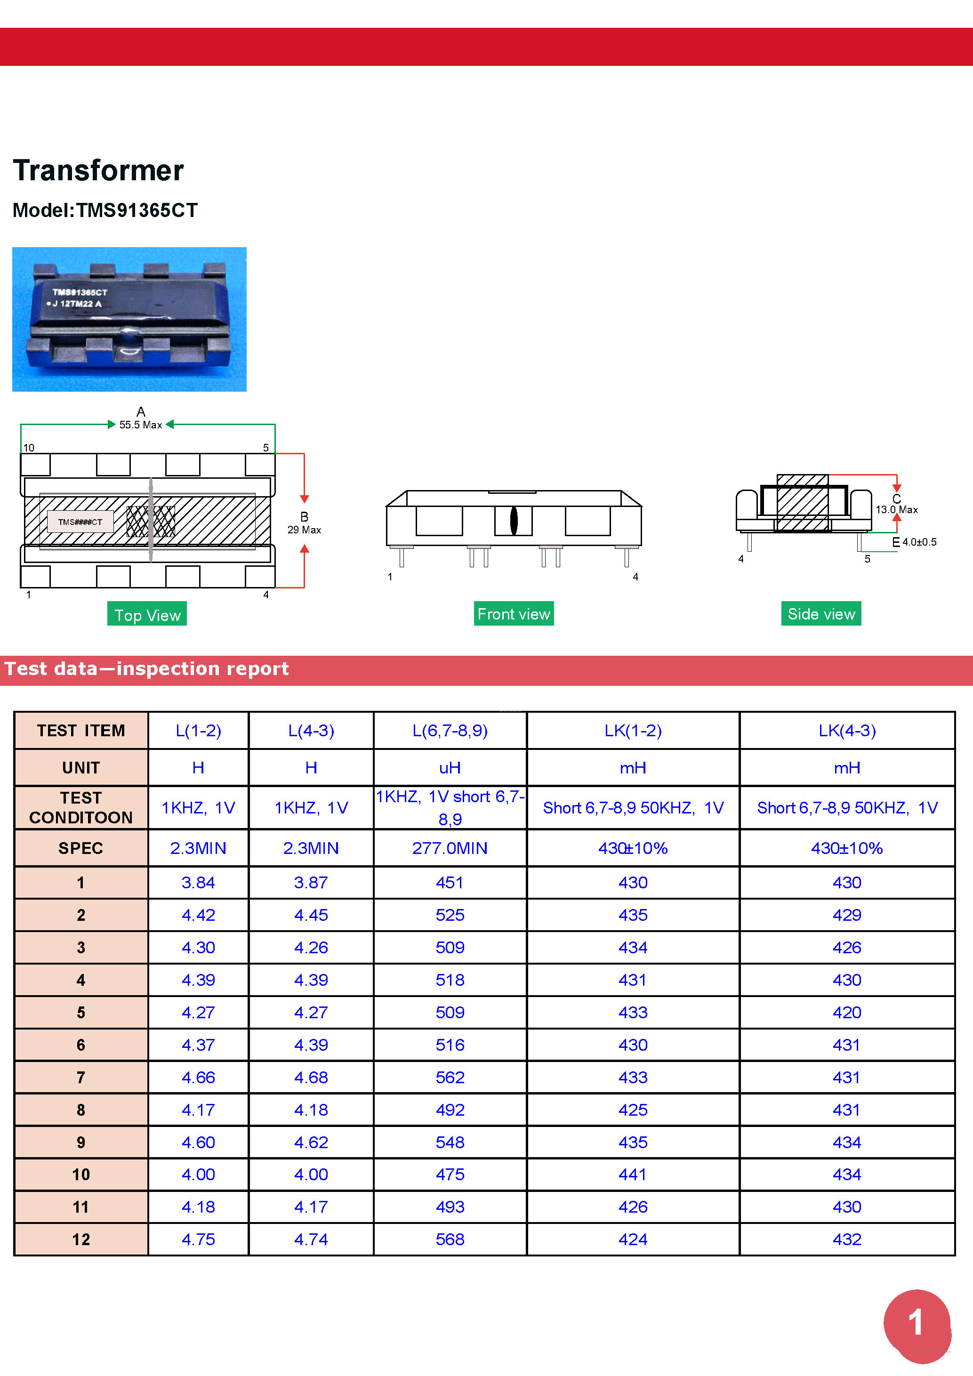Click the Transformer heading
(98, 171)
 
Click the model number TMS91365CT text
(105, 210)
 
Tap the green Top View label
(147, 615)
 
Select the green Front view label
(514, 614)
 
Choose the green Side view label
(821, 614)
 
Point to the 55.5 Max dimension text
(140, 425)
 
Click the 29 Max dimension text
(305, 530)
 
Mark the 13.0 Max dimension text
(896, 509)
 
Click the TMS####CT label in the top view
(80, 522)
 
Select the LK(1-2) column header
(633, 731)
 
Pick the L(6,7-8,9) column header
(450, 731)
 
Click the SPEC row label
(81, 848)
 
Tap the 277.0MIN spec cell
(450, 848)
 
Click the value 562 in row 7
(450, 1078)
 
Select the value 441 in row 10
(633, 1175)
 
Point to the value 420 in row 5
(846, 1013)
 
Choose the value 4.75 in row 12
(198, 1239)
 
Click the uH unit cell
(450, 768)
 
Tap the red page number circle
(916, 1323)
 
